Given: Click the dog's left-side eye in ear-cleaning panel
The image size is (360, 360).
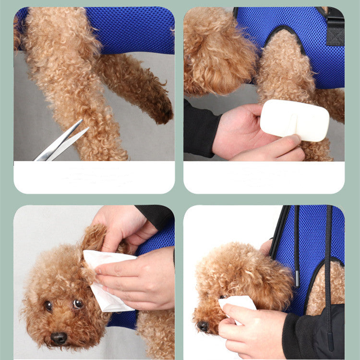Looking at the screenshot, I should coord(48,306).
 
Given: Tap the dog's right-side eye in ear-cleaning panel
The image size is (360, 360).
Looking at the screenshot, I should coord(78,303).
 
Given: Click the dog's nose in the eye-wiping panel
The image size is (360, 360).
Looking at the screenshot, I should coord(204,326).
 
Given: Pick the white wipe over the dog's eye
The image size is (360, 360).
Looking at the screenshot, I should coord(238,303).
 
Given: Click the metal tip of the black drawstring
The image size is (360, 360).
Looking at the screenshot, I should coord(297,279).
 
